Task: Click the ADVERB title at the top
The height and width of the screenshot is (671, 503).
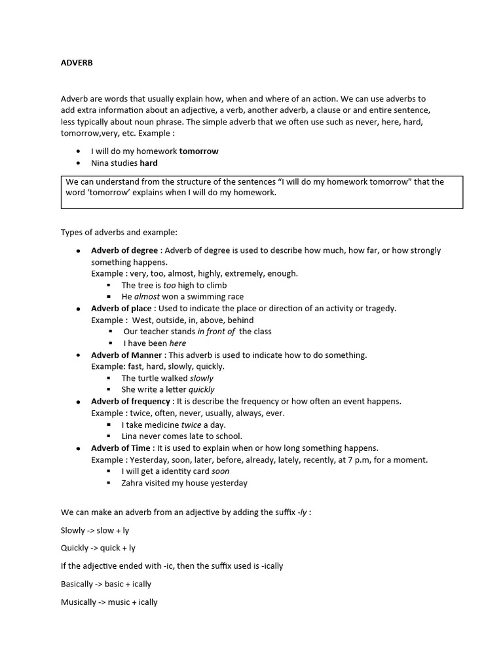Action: click(x=77, y=63)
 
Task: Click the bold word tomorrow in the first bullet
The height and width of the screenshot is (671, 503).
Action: click(x=198, y=151)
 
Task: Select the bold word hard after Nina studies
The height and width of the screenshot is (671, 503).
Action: click(x=149, y=163)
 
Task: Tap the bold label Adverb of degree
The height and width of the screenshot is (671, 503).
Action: click(x=124, y=250)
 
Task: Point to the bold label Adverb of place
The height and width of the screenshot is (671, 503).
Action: click(x=122, y=309)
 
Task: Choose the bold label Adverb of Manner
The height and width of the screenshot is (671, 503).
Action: click(x=127, y=355)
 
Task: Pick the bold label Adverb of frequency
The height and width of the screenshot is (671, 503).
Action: click(x=132, y=401)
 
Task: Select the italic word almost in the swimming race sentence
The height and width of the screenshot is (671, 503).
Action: click(x=147, y=297)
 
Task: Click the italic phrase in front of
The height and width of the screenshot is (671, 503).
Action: click(x=216, y=332)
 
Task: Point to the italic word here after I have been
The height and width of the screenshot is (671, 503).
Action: click(x=177, y=343)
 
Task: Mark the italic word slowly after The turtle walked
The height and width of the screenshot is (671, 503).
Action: click(x=202, y=378)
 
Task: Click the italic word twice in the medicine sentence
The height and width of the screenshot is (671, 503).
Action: click(x=191, y=425)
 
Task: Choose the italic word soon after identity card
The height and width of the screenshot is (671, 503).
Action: click(x=221, y=471)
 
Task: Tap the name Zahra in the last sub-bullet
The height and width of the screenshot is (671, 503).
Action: click(x=133, y=483)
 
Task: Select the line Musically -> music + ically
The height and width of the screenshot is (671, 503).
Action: click(x=109, y=602)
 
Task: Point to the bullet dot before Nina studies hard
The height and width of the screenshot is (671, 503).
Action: click(x=79, y=163)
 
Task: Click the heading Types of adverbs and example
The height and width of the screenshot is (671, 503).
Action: click(x=119, y=233)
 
